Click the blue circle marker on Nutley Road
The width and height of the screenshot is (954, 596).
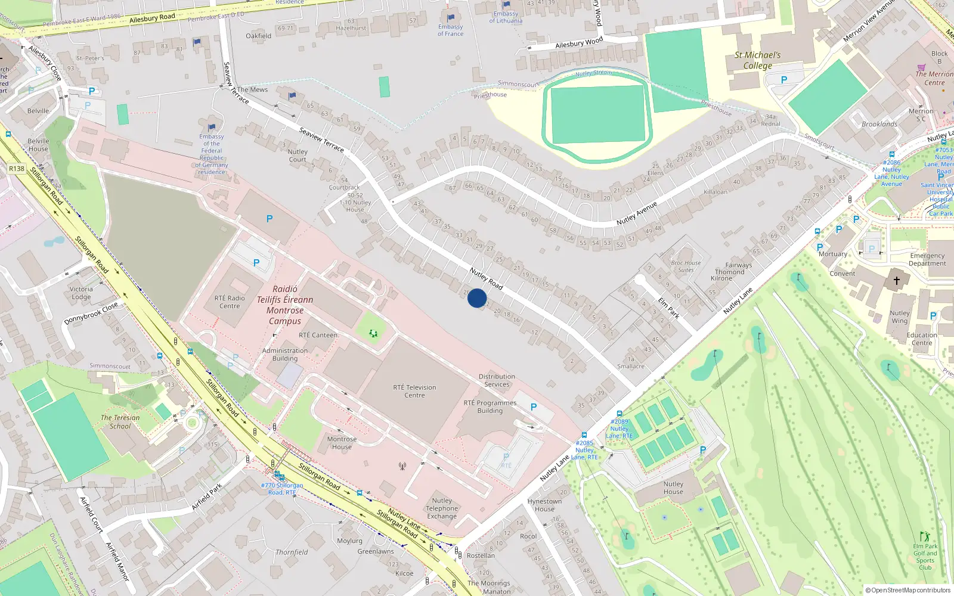(x=477, y=298)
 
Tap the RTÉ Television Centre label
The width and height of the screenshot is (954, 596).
(x=414, y=391)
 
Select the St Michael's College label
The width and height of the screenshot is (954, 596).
(x=757, y=60)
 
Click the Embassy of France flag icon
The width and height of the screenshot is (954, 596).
(x=451, y=18)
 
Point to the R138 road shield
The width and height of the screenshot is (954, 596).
(x=17, y=169)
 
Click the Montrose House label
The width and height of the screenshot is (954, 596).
(x=342, y=443)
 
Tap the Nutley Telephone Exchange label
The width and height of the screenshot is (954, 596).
(x=442, y=508)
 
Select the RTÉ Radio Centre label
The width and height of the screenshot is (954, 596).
(x=230, y=302)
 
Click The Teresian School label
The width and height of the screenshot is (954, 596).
(x=120, y=422)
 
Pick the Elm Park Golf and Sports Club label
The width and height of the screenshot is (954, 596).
(x=925, y=557)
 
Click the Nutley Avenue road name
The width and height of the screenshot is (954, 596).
(x=637, y=213)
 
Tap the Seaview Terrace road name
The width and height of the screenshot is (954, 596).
(x=321, y=139)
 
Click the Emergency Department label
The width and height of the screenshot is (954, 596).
(x=927, y=259)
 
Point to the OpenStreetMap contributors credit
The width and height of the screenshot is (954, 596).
(x=908, y=590)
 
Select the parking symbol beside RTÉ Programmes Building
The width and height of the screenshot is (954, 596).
(x=534, y=407)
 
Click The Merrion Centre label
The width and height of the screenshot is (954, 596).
(x=934, y=78)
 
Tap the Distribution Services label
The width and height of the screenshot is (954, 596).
(x=497, y=380)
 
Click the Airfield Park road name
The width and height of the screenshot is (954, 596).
(x=207, y=496)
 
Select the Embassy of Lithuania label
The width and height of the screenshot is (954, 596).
(x=506, y=17)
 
